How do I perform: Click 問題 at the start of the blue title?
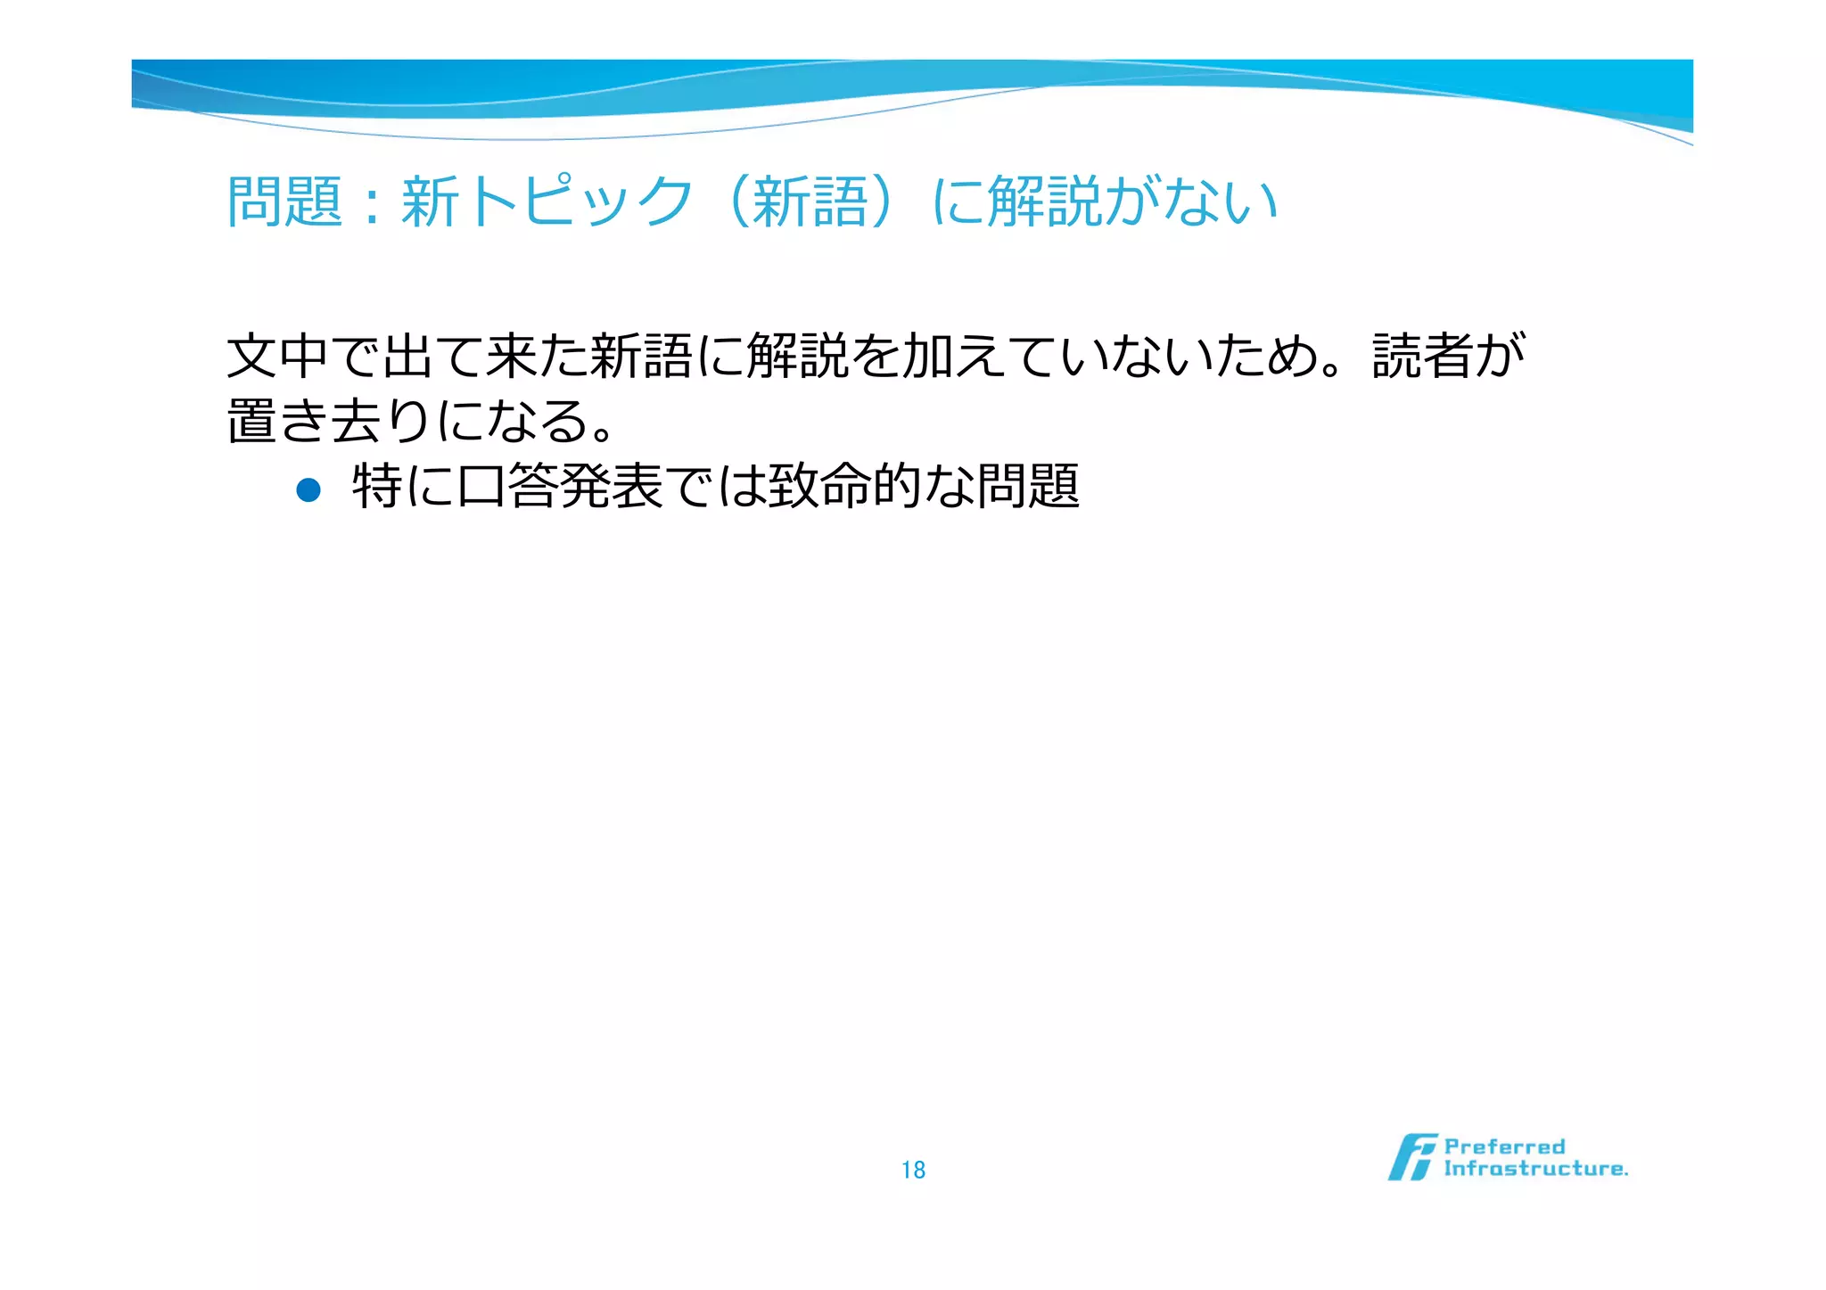coord(284,201)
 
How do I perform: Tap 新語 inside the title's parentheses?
coord(810,201)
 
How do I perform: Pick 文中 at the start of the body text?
coord(278,356)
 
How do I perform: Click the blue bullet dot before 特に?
coord(308,489)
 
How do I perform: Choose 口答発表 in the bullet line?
coord(560,487)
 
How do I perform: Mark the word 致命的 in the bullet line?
coord(844,487)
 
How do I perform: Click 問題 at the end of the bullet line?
coord(1029,487)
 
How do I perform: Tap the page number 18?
coord(913,1170)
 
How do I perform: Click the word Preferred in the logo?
coord(1504,1146)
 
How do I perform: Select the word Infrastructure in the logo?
coord(1535,1169)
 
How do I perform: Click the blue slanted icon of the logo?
coord(1411,1157)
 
